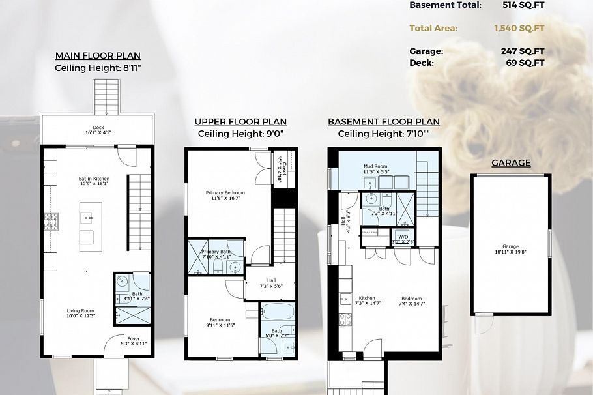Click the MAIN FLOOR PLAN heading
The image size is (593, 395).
tap(98, 56)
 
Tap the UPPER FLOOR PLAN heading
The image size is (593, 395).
tap(240, 122)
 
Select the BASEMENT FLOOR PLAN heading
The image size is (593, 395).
tap(383, 122)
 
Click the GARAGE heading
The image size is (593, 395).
tap(511, 163)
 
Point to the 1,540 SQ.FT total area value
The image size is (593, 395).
tap(519, 28)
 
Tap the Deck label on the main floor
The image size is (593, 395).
tap(98, 128)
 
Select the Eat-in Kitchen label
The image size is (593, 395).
tap(94, 179)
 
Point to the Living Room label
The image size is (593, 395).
tap(81, 311)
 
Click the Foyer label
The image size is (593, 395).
tap(134, 338)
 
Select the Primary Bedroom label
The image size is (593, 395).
tap(225, 193)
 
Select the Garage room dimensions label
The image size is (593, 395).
tap(510, 252)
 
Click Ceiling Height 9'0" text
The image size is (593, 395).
tap(240, 134)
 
